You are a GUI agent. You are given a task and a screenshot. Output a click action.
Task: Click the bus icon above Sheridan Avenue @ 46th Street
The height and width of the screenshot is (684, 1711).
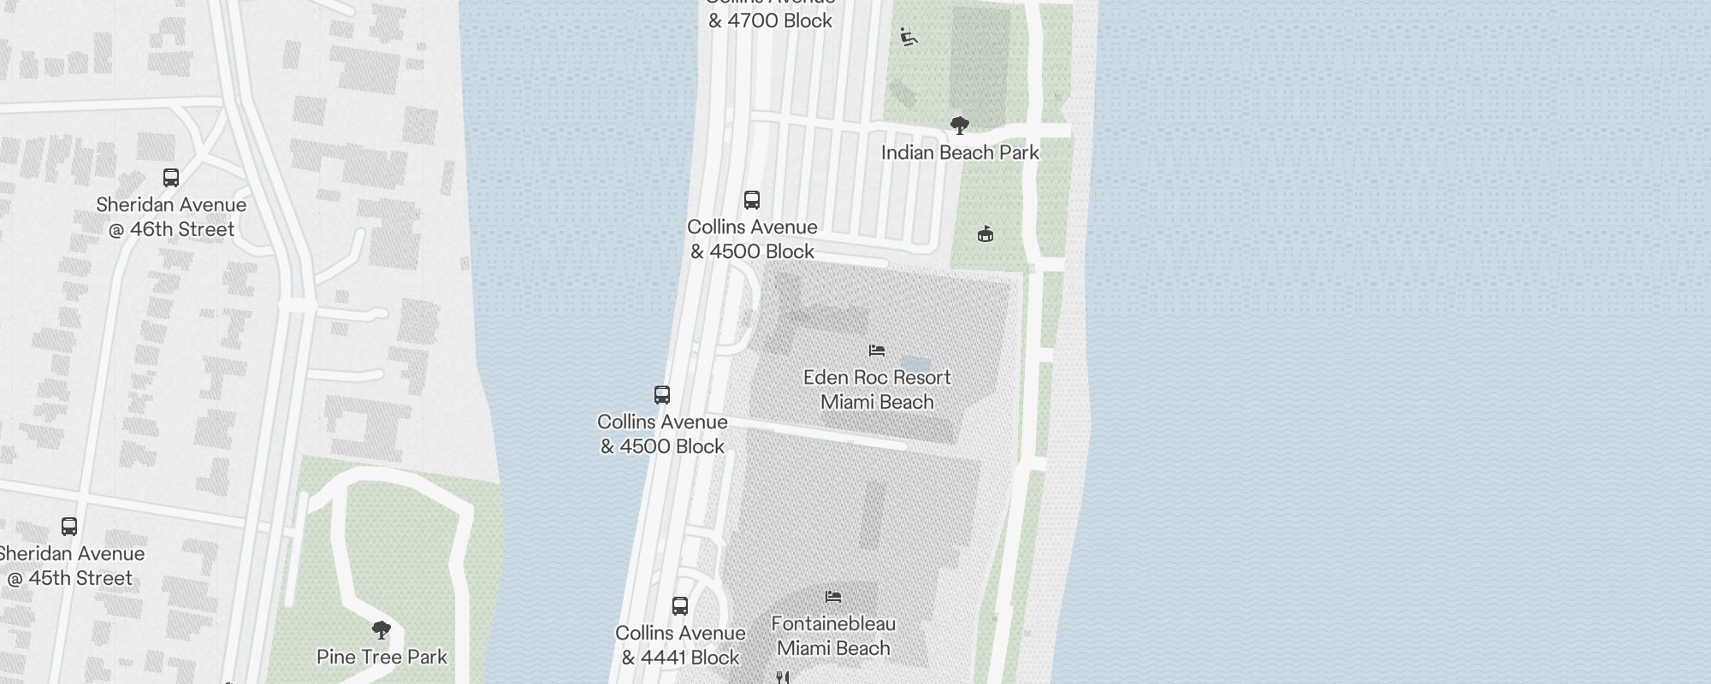click(171, 178)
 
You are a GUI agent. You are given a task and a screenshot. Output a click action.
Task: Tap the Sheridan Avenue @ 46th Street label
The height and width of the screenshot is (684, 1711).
click(171, 217)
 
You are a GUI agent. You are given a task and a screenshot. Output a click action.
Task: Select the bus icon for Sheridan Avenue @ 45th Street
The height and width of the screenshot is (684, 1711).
click(69, 527)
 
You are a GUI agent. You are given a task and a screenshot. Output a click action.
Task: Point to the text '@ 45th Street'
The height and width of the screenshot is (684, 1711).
click(70, 579)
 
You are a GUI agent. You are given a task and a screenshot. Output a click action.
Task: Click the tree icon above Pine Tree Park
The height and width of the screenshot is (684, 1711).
click(382, 631)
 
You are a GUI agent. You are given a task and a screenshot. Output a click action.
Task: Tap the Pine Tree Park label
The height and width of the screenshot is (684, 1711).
click(382, 657)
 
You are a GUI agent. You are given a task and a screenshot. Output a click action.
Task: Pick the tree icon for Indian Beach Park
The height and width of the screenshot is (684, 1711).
click(960, 126)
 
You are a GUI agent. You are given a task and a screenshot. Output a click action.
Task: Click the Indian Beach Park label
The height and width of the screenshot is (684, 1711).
click(960, 153)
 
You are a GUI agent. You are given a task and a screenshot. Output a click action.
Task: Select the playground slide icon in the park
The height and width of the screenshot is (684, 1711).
click(909, 37)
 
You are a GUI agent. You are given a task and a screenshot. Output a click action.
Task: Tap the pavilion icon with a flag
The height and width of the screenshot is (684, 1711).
click(986, 233)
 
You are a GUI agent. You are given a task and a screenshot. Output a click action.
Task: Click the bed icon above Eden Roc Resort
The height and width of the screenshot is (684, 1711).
click(877, 351)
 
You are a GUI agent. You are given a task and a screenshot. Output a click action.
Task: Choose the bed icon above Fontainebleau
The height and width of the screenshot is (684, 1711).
click(833, 597)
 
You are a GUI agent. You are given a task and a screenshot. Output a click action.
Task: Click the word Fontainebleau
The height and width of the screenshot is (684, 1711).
click(833, 623)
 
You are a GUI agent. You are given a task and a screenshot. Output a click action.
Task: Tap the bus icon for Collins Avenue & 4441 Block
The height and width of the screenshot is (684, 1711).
click(680, 606)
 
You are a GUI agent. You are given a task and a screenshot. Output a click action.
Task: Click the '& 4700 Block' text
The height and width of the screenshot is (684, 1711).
click(770, 21)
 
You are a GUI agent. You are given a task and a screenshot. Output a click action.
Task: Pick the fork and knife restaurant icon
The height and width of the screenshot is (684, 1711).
click(782, 677)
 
